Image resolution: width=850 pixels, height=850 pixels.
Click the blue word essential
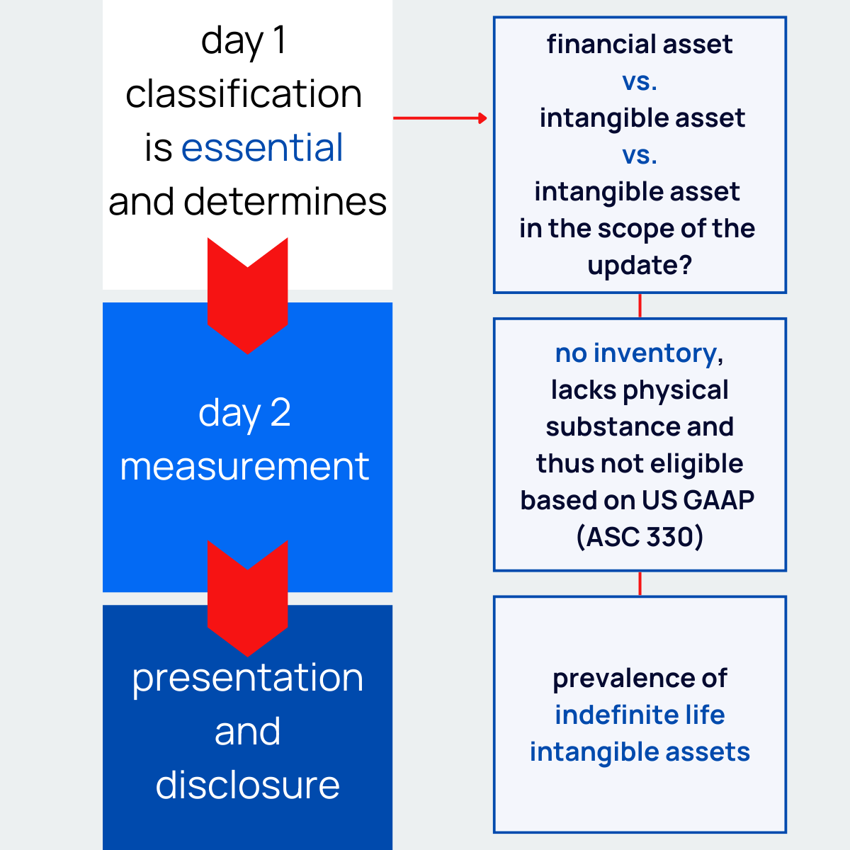click(262, 148)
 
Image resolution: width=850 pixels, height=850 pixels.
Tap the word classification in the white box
click(244, 94)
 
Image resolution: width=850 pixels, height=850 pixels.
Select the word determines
click(285, 202)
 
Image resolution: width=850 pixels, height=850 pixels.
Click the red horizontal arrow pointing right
click(440, 118)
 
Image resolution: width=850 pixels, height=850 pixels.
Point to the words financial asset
click(640, 44)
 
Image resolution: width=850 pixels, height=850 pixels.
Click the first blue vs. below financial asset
click(640, 81)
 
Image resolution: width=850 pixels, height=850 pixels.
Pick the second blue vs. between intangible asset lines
click(640, 154)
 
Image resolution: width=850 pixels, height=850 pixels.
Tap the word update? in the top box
click(640, 266)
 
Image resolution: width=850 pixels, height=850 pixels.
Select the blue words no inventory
click(635, 353)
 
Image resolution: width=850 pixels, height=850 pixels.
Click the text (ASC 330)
click(640, 537)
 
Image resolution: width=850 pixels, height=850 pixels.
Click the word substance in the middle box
click(601, 427)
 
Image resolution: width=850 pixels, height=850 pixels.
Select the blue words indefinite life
click(640, 715)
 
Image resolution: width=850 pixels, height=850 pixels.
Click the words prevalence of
click(640, 679)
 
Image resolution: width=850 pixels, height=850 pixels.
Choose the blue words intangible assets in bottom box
click(640, 752)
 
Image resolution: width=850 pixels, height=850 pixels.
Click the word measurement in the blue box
click(244, 467)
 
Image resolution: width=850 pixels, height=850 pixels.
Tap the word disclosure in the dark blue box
click(247, 786)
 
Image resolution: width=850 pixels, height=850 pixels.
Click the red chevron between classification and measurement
click(247, 297)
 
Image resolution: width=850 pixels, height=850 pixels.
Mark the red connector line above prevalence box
click(640, 584)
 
